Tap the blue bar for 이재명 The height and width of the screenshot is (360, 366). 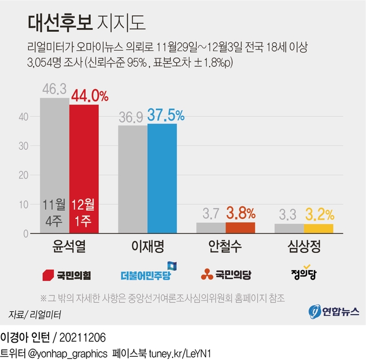pyautogui.click(x=162, y=178)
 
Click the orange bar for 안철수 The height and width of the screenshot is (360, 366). pyautogui.click(x=240, y=228)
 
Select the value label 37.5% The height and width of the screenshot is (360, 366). pyautogui.click(x=166, y=115)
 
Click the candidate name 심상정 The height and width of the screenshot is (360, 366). pyautogui.click(x=304, y=248)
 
